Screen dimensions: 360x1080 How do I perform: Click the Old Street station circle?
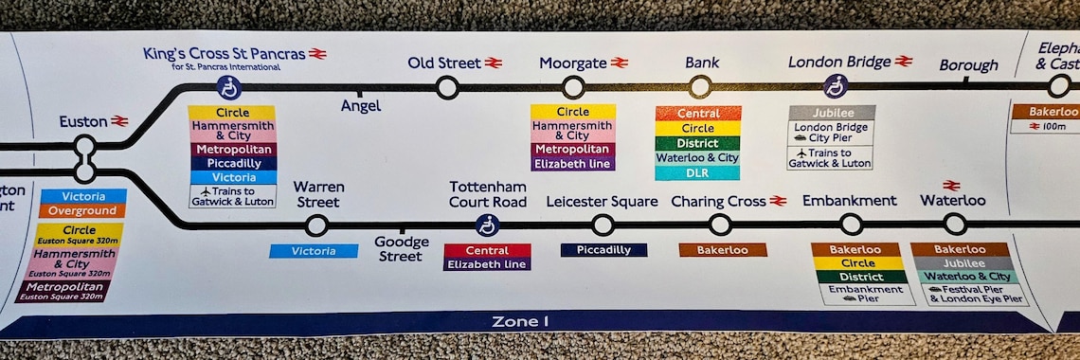click(x=447, y=88)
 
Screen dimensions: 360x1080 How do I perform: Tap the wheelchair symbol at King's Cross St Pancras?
click(x=229, y=88)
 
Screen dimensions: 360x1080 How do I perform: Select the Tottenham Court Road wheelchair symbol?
click(x=487, y=225)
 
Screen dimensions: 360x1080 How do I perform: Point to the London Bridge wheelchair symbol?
click(x=835, y=86)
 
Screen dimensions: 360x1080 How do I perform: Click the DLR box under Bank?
click(x=697, y=172)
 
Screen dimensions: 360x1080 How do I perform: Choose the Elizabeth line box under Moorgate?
click(x=572, y=164)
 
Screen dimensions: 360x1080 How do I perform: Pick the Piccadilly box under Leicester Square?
click(x=603, y=250)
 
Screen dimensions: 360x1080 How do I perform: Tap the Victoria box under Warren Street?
click(x=314, y=251)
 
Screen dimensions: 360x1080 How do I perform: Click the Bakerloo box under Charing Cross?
click(x=722, y=250)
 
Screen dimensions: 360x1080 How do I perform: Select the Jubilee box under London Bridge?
click(x=832, y=113)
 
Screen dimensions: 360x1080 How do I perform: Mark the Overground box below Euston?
click(x=82, y=211)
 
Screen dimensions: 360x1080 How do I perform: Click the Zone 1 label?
click(x=520, y=321)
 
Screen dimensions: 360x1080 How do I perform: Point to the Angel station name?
click(x=361, y=107)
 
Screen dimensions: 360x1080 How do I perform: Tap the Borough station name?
click(x=968, y=65)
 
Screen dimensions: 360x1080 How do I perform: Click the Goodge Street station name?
click(x=401, y=249)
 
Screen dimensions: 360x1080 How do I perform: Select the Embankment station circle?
click(x=851, y=225)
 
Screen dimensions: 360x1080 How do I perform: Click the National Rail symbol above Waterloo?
click(x=951, y=186)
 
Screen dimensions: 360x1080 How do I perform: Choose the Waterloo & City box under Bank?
click(x=697, y=158)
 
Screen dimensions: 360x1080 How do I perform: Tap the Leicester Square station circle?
click(x=603, y=225)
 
